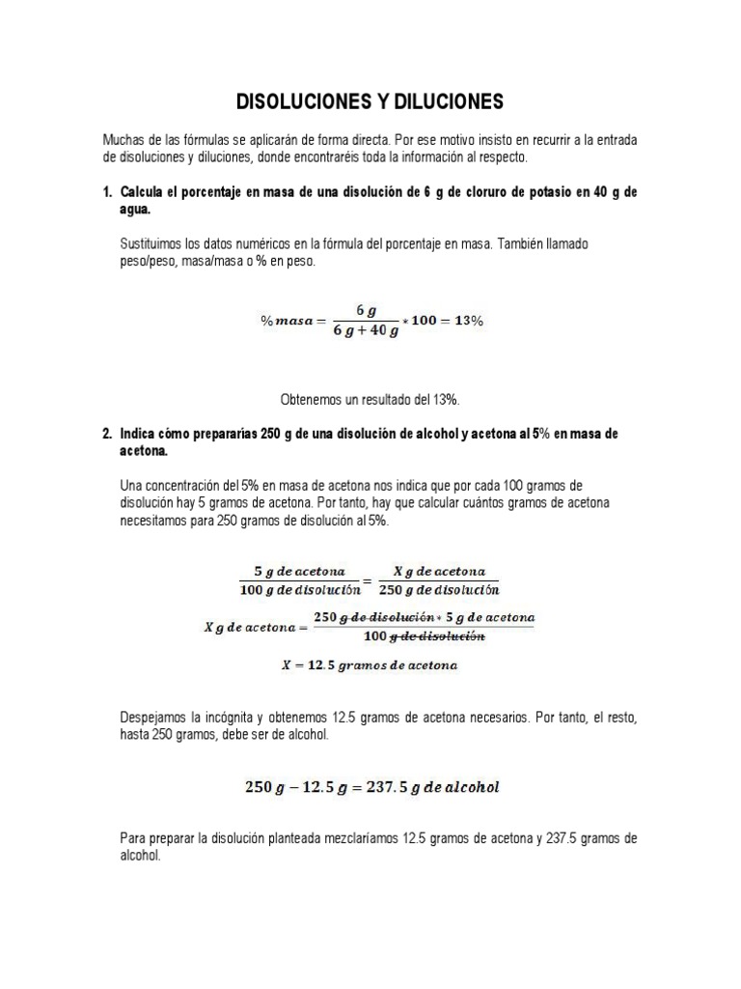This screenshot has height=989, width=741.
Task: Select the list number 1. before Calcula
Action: [108, 192]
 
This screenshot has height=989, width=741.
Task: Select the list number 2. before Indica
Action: [108, 435]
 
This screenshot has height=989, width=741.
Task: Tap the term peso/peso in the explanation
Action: [145, 261]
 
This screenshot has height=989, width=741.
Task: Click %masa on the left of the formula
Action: [291, 322]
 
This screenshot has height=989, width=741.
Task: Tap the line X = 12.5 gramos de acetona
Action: [369, 665]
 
